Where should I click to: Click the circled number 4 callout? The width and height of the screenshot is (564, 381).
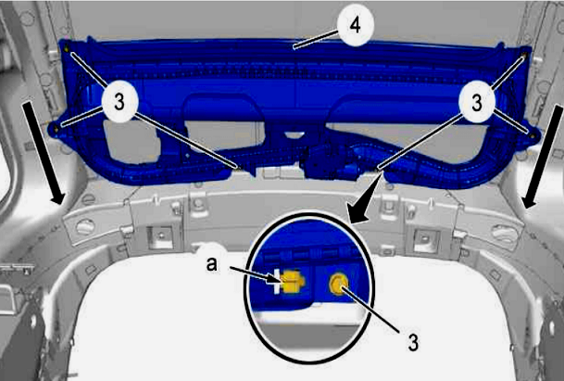356,25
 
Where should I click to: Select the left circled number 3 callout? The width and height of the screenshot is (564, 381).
119,102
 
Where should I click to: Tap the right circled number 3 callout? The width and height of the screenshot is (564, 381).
477,102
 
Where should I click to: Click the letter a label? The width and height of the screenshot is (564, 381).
212,264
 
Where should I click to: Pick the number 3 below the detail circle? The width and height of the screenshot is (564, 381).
413,342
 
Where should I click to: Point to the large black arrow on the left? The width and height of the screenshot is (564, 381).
44,153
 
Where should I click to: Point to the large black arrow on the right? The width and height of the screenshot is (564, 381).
542,157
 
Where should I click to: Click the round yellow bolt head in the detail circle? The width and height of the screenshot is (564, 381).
338,284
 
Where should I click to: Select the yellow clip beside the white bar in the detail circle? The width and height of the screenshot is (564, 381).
292,281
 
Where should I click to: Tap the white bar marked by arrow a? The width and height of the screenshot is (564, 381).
277,281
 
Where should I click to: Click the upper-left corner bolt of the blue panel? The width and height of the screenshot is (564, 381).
67,47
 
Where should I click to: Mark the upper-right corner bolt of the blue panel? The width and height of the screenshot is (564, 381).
524,56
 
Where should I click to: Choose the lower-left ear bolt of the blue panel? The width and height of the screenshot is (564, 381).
56,128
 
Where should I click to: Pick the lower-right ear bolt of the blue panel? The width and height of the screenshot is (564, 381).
532,134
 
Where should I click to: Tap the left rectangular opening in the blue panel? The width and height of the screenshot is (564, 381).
132,142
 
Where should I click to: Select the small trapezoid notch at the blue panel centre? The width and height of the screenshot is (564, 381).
295,135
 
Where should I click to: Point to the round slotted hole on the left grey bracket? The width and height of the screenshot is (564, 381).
85,227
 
